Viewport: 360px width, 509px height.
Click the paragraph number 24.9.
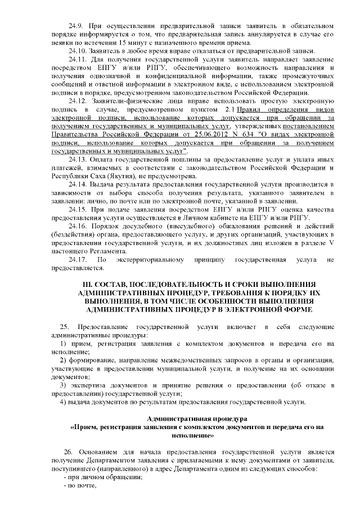coord(75,26)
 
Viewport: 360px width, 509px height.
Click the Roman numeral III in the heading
coord(89,283)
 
